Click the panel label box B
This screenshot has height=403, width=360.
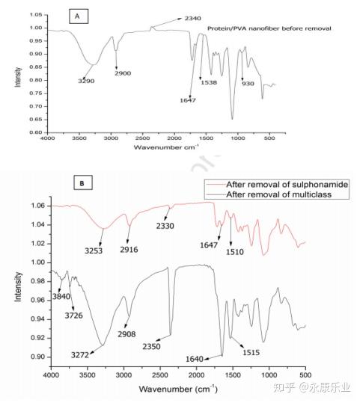(79, 182)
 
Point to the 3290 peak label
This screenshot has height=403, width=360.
(86, 80)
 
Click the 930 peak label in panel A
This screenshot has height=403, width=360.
(248, 84)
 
